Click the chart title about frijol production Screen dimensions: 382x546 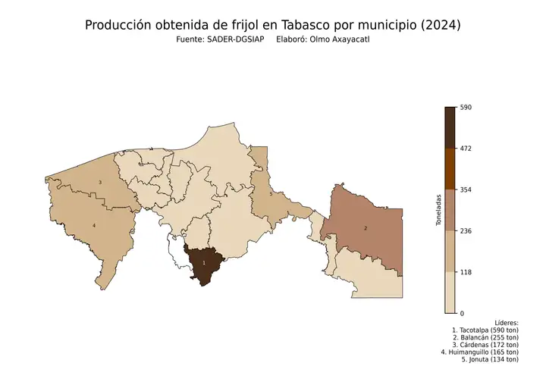tap(272, 25)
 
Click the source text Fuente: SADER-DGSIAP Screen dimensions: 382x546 tap(219, 39)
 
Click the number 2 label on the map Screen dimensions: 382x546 tap(366, 228)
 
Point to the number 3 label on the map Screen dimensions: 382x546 tap(100, 183)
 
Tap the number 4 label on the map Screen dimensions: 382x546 tap(94, 226)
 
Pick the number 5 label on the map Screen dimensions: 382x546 tap(271, 195)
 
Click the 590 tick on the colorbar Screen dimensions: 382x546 tap(466, 108)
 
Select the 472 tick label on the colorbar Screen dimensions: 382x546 tap(466, 149)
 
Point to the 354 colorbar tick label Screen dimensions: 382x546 tap(466, 189)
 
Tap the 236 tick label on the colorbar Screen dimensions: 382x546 tap(466, 230)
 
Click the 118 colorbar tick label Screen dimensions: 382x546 tap(466, 271)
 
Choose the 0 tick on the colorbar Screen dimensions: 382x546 tap(463, 312)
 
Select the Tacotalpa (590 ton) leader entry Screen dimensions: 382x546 tap(485, 330)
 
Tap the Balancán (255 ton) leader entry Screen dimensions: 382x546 tap(485, 338)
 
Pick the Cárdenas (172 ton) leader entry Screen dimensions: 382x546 tap(485, 345)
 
